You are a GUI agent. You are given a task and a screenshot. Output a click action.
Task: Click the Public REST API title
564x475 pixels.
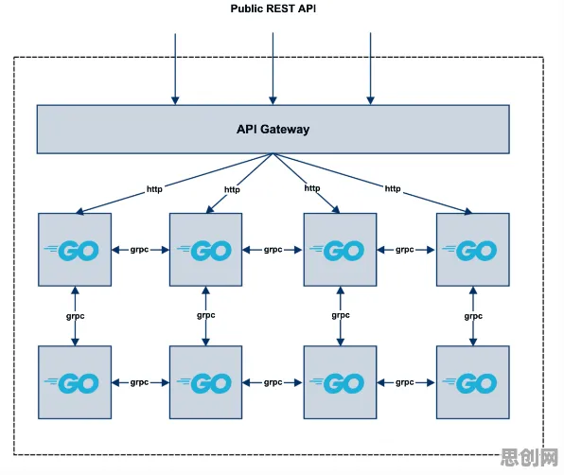273,9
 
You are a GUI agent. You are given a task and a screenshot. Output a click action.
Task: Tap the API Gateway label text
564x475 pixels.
273,129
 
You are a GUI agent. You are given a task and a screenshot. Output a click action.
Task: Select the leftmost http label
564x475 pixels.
154,189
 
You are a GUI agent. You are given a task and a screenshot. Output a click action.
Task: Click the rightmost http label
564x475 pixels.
393,189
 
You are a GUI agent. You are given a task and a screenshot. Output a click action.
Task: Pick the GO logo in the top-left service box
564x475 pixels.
72,250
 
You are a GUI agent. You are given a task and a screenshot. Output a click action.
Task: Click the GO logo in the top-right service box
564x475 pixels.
469,250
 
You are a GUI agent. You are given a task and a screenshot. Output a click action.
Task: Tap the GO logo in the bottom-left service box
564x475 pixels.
72,383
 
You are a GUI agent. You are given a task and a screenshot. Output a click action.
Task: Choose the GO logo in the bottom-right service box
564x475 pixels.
469,383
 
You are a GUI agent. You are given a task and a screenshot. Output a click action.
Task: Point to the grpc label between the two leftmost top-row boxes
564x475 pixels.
139,250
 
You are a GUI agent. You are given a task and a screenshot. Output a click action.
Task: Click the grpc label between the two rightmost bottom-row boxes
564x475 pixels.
405,383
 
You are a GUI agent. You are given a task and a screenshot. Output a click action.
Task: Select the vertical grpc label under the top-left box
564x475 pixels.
75,316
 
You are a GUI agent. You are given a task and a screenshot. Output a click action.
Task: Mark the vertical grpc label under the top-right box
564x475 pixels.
473,316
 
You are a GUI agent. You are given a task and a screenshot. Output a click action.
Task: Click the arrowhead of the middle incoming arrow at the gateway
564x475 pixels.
273,100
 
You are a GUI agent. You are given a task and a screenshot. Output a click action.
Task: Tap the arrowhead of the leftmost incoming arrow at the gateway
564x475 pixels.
175,100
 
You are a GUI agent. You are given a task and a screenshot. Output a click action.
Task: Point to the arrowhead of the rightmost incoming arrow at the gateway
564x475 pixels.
371,100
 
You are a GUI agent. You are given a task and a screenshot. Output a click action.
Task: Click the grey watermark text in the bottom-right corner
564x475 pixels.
529,457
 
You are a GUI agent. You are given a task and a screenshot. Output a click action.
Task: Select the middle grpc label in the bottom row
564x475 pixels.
273,383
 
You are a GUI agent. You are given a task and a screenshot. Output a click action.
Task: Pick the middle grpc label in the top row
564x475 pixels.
273,250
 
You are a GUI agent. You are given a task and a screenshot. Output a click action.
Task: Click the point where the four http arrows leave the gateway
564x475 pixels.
273,154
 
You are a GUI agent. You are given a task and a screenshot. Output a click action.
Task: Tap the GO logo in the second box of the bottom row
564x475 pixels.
204,383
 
